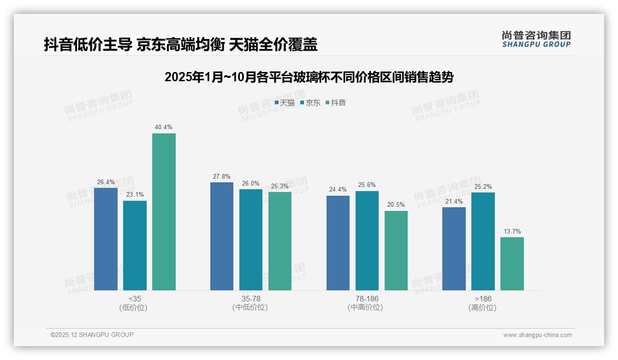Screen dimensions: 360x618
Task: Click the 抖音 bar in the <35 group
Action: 164,212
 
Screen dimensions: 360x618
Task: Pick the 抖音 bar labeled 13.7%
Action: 512,264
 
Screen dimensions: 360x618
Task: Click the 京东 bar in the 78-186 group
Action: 367,240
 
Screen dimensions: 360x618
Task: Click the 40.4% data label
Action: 164,127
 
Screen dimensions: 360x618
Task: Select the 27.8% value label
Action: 222,176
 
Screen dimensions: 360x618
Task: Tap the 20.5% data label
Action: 396,205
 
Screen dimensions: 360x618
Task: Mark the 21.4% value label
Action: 454,201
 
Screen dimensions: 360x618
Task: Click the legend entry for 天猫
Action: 285,103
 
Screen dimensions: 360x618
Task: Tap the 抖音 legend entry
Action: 336,103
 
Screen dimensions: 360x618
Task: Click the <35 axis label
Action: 135,299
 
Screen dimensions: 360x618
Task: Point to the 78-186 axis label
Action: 367,299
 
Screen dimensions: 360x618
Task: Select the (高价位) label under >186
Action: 482,307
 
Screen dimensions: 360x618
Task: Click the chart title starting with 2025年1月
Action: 309,77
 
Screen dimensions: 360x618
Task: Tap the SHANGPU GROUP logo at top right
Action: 536,39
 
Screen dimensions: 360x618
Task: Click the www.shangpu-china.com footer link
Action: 537,335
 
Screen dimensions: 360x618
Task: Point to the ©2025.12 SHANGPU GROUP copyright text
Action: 92,335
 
